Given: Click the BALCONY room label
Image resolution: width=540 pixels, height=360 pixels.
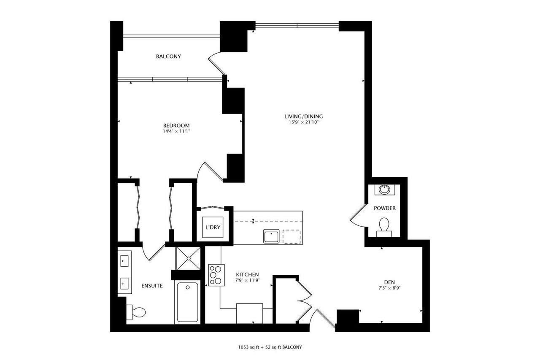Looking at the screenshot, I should [x=168, y=57].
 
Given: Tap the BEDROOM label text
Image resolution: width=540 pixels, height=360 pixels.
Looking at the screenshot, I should [x=176, y=125].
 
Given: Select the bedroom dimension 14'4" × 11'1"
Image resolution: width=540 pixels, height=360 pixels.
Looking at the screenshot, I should [x=176, y=131].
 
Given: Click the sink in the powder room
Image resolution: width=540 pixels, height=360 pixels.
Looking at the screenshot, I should [x=384, y=189].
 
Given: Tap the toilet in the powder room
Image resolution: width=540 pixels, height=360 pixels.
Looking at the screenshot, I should [x=384, y=225].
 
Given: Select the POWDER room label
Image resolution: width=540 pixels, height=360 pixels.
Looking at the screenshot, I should [x=385, y=208].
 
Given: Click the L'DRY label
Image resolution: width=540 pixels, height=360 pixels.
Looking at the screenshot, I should [x=213, y=228].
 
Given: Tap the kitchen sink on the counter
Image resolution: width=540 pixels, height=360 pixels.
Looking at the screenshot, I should [x=271, y=236].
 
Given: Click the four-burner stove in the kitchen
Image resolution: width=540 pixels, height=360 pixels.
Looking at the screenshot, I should [x=216, y=275].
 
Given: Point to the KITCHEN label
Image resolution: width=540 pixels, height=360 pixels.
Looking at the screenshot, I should [x=247, y=274].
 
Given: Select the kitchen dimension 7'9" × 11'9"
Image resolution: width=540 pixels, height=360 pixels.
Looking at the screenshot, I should [x=247, y=280].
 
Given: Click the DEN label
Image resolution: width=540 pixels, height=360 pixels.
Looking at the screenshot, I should [x=389, y=282].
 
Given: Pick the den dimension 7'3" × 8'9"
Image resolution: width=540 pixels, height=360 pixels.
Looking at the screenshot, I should [x=389, y=288].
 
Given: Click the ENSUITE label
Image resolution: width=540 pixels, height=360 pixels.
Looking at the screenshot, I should [x=152, y=286].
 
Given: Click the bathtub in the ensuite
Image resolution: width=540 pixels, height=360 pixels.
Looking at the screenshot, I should [x=188, y=303].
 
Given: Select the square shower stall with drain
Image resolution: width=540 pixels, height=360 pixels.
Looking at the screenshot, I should [x=188, y=257].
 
